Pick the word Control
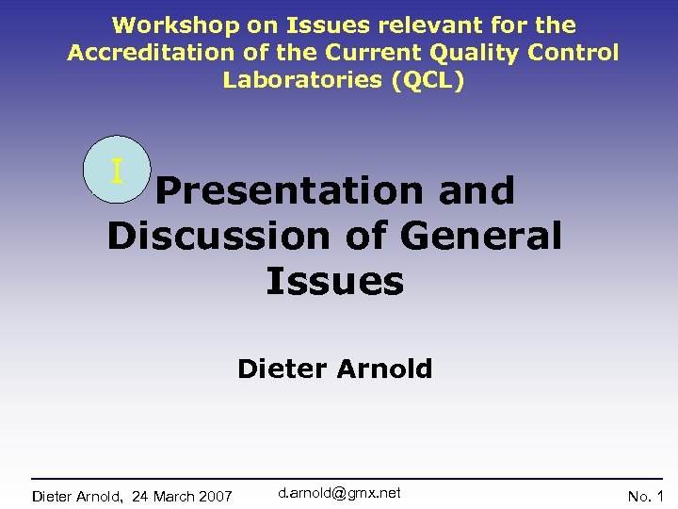(573, 53)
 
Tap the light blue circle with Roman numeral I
(117, 172)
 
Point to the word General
(480, 236)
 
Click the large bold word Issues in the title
(334, 280)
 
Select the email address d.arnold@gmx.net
(340, 493)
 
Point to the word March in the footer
(170, 496)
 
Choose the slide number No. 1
(646, 496)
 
